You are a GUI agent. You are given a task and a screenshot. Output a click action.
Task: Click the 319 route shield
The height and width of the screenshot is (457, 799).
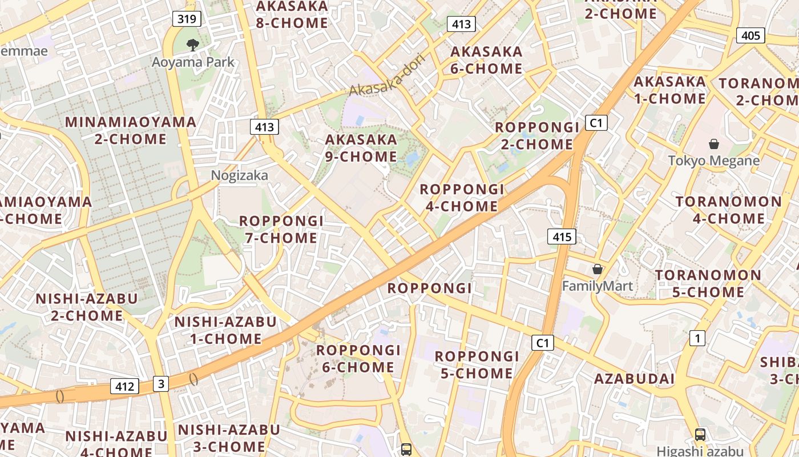tap(187, 19)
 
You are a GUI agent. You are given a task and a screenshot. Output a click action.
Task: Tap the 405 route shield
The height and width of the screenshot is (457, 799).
tap(750, 35)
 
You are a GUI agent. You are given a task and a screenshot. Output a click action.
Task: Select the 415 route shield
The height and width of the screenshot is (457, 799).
tap(562, 236)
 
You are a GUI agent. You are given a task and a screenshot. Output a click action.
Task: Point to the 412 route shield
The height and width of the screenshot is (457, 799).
tap(124, 386)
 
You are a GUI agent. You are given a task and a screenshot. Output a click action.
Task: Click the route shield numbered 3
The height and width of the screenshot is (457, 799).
tap(161, 384)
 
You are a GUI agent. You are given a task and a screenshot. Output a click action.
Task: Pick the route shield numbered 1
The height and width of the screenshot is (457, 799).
tap(697, 338)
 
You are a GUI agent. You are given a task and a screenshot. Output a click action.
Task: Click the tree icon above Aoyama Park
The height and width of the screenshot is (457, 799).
tap(193, 45)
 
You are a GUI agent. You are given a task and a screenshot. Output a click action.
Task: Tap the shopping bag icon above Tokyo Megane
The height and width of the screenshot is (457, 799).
tap(713, 144)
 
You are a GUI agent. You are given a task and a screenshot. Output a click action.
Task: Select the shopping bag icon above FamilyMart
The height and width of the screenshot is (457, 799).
tap(598, 268)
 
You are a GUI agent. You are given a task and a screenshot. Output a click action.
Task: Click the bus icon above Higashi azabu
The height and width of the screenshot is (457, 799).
tap(700, 434)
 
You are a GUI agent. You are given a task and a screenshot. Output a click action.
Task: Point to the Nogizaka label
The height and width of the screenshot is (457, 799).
tap(239, 175)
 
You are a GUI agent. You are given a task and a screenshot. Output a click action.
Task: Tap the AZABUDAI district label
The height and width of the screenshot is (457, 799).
tap(634, 379)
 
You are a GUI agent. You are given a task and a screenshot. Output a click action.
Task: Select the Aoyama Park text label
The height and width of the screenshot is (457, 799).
tap(193, 62)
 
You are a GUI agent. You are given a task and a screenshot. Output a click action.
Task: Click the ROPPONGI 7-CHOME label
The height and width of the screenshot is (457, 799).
tap(281, 229)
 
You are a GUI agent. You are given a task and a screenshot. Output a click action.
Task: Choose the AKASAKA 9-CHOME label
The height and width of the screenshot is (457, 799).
tap(361, 147)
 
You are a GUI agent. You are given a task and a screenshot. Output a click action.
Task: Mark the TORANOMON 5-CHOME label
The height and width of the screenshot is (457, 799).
tap(708, 283)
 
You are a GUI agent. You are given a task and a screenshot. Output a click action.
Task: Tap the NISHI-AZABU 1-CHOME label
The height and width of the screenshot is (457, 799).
tap(225, 330)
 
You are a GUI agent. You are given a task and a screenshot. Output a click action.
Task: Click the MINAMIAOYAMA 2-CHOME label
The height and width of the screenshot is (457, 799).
tap(131, 130)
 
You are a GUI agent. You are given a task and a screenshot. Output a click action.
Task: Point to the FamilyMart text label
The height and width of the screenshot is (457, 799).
tap(598, 286)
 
